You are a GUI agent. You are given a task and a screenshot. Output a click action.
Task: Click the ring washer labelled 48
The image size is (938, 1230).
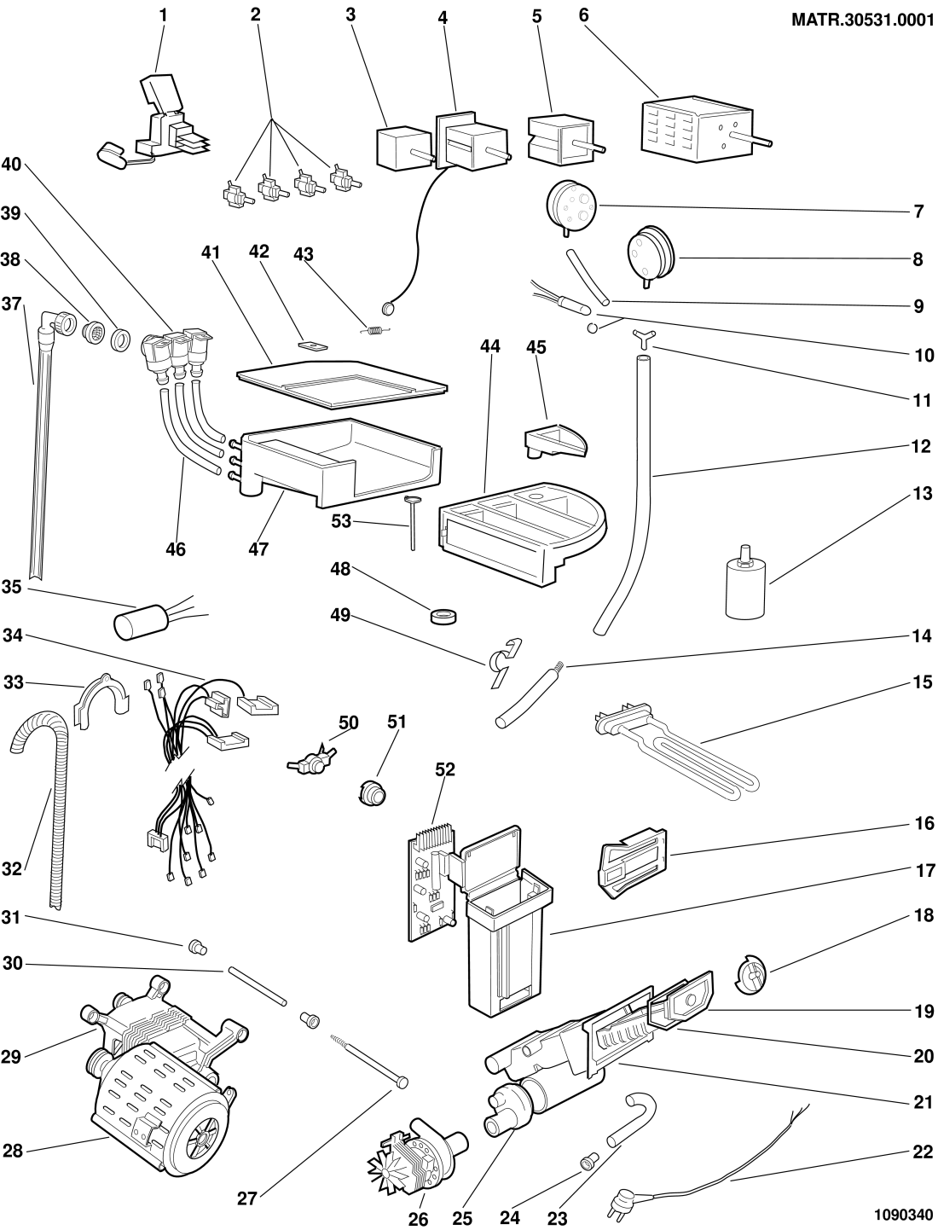click(444, 616)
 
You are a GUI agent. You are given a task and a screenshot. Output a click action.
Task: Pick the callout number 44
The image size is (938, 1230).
click(490, 346)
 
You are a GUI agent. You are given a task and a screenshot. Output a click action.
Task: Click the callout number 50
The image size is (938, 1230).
click(347, 723)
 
